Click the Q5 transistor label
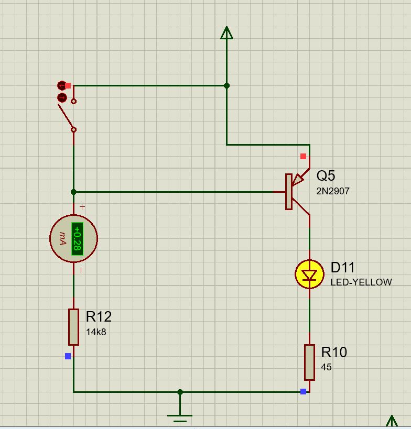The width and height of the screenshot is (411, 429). pyautogui.click(x=326, y=176)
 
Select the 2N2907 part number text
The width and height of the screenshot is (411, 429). pyautogui.click(x=332, y=191)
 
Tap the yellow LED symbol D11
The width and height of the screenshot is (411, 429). pyautogui.click(x=309, y=274)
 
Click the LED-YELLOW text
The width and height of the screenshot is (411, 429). pyautogui.click(x=361, y=282)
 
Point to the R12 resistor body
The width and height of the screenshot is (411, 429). pyautogui.click(x=73, y=327)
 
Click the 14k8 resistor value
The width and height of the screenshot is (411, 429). pyautogui.click(x=96, y=332)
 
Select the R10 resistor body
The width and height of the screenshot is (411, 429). pyautogui.click(x=309, y=362)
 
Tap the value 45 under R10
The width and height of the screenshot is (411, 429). pyautogui.click(x=326, y=367)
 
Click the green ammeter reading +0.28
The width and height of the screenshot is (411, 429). pyautogui.click(x=77, y=238)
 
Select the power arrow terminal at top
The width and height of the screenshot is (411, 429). pyautogui.click(x=226, y=34)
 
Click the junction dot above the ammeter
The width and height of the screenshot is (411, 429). pyautogui.click(x=73, y=192)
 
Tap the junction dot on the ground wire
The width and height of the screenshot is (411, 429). pyautogui.click(x=180, y=392)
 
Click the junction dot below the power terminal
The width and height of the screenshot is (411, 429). pyautogui.click(x=226, y=85)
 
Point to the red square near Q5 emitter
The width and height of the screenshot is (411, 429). pyautogui.click(x=303, y=156)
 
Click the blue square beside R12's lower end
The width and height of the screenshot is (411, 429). pyautogui.click(x=68, y=356)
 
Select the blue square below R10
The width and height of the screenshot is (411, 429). pyautogui.click(x=303, y=392)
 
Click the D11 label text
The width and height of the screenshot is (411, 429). pyautogui.click(x=343, y=268)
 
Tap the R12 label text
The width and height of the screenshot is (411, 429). pyautogui.click(x=99, y=317)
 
